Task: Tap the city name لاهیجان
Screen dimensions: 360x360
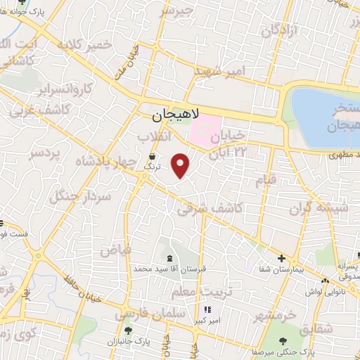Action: pyautogui.click(x=176, y=112)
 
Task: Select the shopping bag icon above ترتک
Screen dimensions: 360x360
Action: pyautogui.click(x=153, y=156)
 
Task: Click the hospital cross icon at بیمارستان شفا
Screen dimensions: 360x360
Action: pyautogui.click(x=281, y=259)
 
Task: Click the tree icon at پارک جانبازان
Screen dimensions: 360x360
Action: pyautogui.click(x=127, y=331)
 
